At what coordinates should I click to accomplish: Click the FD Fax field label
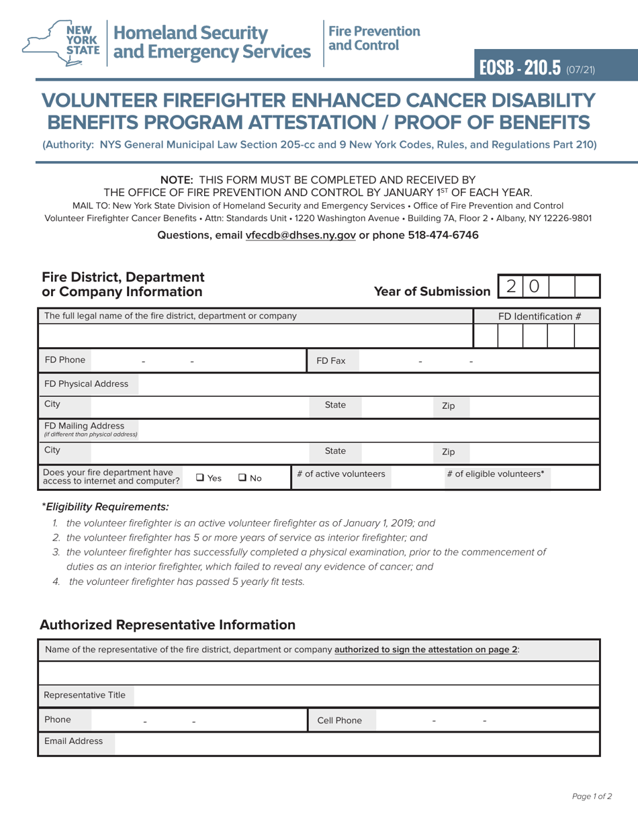[331, 361]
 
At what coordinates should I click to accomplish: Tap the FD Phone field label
[65, 360]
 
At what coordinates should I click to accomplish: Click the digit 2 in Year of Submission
[512, 287]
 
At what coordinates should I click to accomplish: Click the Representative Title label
[85, 695]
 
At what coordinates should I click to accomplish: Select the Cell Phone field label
[339, 721]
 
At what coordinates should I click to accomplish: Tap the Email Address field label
[74, 741]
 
